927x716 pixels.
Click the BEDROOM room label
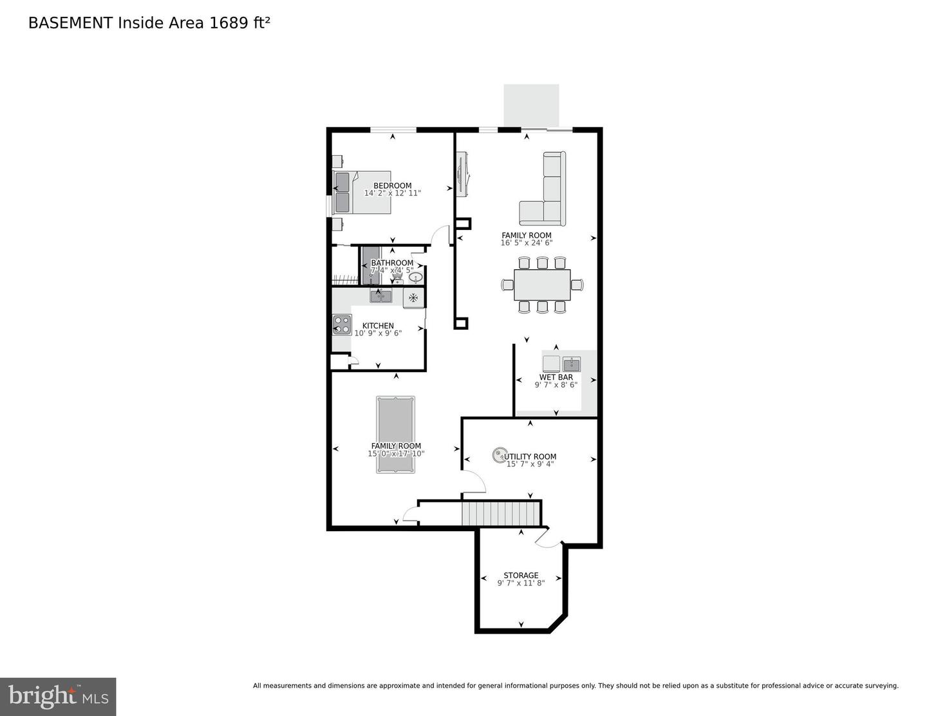tap(392, 185)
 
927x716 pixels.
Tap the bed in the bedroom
tap(362, 193)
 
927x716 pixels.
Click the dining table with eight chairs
tap(542, 285)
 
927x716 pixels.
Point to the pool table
tap(395, 435)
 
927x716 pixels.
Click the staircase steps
tap(500, 514)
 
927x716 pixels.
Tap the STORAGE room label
tap(521, 576)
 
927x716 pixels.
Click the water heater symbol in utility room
tap(499, 456)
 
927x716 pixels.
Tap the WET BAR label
tap(556, 377)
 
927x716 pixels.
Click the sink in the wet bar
tap(572, 364)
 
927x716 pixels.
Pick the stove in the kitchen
tap(342, 325)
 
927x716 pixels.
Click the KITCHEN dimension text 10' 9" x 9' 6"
tap(378, 334)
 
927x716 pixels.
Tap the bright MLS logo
tap(58, 696)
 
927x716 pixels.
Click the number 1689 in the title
tap(229, 23)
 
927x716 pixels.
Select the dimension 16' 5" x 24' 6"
tap(527, 243)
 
